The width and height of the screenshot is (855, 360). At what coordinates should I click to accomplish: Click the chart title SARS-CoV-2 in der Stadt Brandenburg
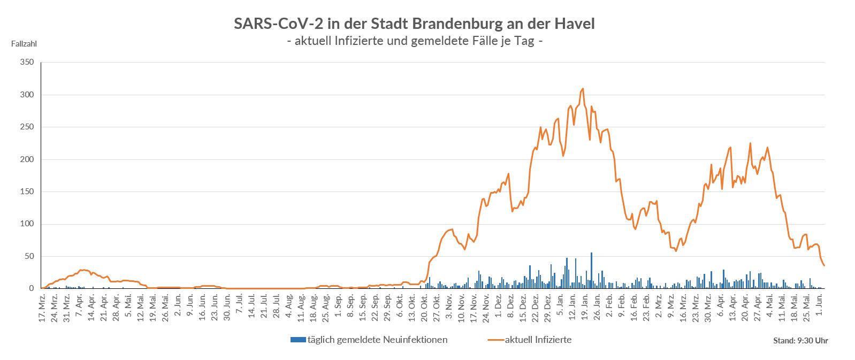[x=414, y=24]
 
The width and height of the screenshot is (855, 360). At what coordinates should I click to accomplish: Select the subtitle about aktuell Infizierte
[x=415, y=41]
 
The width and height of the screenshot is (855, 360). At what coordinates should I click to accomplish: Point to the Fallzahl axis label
[x=24, y=44]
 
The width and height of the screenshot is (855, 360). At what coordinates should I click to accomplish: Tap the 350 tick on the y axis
[x=27, y=63]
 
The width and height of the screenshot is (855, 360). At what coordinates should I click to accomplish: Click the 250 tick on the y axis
[x=27, y=127]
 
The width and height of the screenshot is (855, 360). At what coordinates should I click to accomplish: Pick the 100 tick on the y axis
[x=27, y=224]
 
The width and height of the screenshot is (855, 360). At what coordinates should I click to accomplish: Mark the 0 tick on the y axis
[x=31, y=289]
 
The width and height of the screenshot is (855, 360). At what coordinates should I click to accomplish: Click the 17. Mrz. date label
[x=42, y=304]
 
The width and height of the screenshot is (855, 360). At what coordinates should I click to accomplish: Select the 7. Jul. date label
[x=239, y=303]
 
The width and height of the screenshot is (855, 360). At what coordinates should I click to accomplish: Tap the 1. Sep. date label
[x=338, y=303]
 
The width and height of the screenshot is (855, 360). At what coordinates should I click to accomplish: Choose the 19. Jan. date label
[x=585, y=304]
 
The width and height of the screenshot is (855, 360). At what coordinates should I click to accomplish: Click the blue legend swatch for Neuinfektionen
[x=297, y=340]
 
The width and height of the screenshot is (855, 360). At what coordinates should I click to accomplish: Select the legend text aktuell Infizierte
[x=538, y=340]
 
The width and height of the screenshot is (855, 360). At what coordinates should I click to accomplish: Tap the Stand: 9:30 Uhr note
[x=800, y=341]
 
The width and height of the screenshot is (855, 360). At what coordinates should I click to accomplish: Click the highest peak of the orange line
[x=583, y=89]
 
